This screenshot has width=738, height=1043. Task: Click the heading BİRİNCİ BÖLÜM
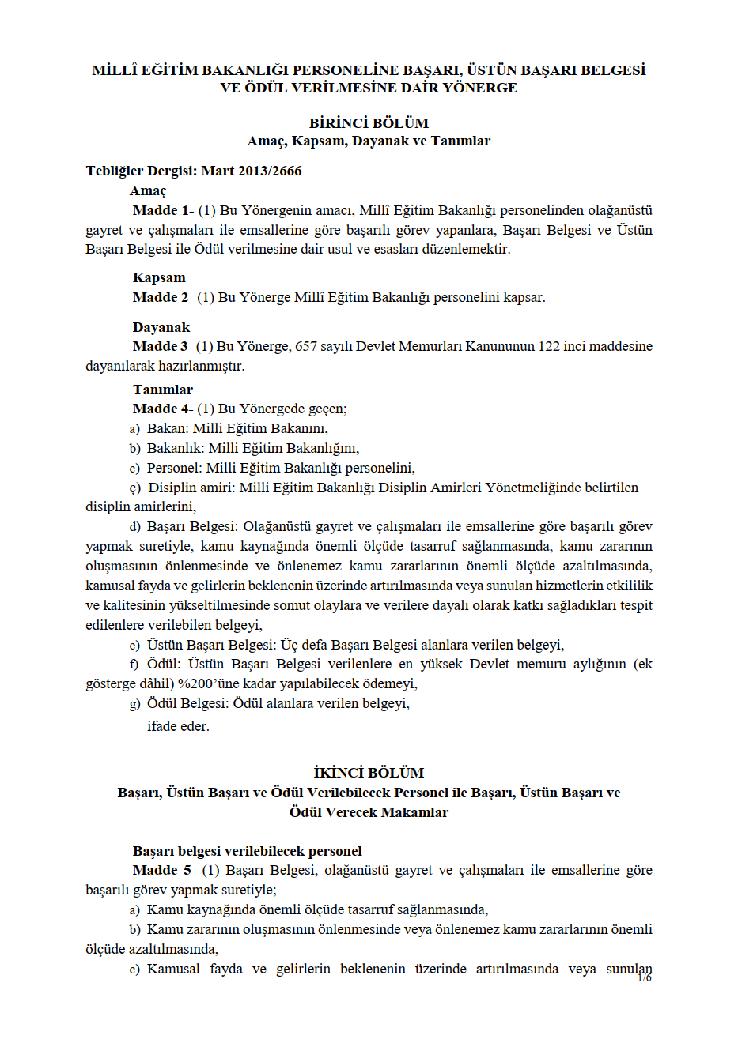369,123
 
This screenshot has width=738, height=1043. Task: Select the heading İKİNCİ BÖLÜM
369,773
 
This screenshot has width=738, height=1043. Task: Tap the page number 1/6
645,978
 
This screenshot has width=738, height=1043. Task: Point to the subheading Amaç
148,190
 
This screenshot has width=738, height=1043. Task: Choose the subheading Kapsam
159,277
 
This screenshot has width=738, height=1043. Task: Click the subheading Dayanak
161,327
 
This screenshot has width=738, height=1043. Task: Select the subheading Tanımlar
163,390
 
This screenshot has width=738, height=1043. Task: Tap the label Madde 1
161,210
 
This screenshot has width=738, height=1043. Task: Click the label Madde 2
161,297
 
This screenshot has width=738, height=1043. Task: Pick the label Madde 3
161,346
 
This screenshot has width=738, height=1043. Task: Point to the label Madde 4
161,409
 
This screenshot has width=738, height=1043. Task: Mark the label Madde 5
161,870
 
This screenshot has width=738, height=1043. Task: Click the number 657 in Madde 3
306,346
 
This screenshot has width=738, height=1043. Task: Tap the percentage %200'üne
207,683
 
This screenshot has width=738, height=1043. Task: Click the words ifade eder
178,726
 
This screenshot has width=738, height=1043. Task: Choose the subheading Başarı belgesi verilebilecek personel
247,851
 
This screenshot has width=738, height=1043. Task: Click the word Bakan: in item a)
168,428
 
